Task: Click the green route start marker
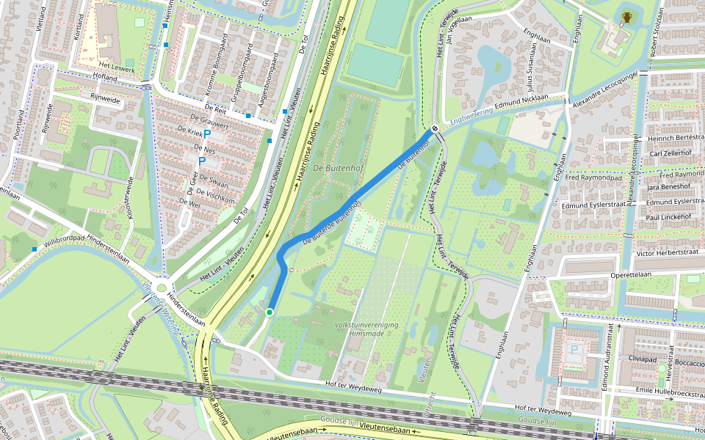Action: click(x=270, y=312)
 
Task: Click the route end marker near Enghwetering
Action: click(x=435, y=129)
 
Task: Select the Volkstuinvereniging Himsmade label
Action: click(x=366, y=329)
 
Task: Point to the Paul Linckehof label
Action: click(x=668, y=217)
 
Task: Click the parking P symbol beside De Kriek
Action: click(x=207, y=134)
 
